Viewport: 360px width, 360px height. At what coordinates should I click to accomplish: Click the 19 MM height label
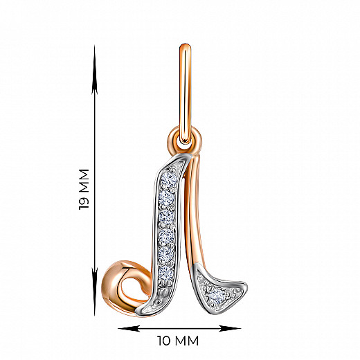click(x=84, y=189)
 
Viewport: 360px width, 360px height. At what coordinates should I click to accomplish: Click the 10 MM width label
click(x=178, y=341)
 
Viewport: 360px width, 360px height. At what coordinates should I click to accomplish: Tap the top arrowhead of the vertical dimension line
click(x=94, y=69)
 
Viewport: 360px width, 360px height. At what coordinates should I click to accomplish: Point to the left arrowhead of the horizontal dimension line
click(x=129, y=328)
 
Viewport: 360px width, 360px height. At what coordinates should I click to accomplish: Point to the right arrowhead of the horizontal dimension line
click(x=230, y=328)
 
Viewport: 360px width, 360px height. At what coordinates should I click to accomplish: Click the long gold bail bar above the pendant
click(x=185, y=93)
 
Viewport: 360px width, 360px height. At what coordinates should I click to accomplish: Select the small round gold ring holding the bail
click(x=185, y=141)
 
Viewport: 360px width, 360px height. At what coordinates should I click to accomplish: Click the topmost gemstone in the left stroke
click(x=169, y=179)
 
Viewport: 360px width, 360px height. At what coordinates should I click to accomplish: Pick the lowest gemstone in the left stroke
click(x=165, y=273)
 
